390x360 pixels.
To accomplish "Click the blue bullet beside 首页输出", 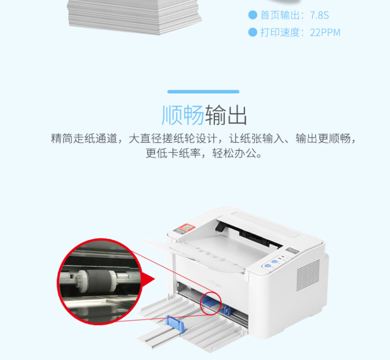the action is pos(252,15).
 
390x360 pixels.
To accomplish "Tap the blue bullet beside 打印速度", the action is pos(252,32).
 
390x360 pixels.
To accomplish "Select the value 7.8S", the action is pos(319,16).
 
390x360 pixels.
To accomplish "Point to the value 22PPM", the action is pos(325,33).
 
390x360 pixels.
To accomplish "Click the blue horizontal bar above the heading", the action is pos(203,91).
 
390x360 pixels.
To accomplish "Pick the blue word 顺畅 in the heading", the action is pos(183,115).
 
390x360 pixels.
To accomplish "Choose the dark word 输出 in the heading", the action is pos(226,115).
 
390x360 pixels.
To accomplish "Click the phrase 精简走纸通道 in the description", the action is pos(84,138).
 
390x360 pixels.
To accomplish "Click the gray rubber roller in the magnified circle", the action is pos(98,281).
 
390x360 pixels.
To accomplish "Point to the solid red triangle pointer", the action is pos(148,279).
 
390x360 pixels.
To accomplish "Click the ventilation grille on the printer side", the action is pos(308,274).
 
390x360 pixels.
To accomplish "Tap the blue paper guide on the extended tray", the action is pos(176,324).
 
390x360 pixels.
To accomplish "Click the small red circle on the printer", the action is pos(211,303).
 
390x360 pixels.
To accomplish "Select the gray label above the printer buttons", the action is pos(292,250).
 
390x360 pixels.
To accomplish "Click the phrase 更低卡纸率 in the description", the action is pos(173,153).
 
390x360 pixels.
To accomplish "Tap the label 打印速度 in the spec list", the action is pos(280,33).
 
